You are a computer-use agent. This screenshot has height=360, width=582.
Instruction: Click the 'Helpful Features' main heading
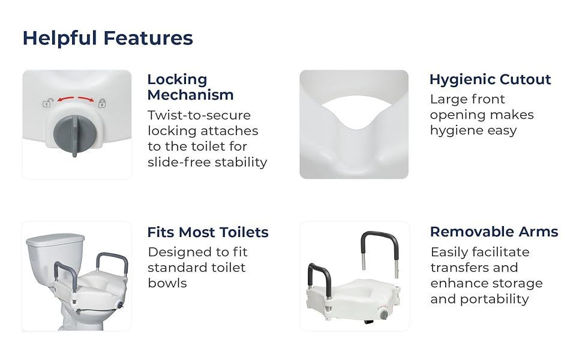tap(107, 38)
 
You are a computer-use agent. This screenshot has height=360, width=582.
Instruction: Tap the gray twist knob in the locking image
tap(71, 134)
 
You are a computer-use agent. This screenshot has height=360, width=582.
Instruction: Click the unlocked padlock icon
tap(47, 103)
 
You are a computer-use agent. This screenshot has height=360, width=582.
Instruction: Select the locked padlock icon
tap(102, 103)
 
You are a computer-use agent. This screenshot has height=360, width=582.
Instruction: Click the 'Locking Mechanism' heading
tap(190, 87)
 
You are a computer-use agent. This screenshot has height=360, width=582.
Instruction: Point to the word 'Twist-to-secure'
tap(199, 115)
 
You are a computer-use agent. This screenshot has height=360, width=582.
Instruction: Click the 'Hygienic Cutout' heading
tap(490, 79)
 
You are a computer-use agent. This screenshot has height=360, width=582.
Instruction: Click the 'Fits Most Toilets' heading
tap(208, 232)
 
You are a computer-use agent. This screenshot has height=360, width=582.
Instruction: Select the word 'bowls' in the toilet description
tap(167, 283)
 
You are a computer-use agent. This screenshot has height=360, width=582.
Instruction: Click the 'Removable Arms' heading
tap(494, 232)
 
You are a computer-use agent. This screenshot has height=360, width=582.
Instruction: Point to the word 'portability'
tap(494, 299)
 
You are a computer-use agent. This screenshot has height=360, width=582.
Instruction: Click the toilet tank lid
tap(56, 240)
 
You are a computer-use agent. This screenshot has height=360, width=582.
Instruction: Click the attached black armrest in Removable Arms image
tap(320, 281)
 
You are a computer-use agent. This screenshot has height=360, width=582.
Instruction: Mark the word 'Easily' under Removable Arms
tap(448, 253)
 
